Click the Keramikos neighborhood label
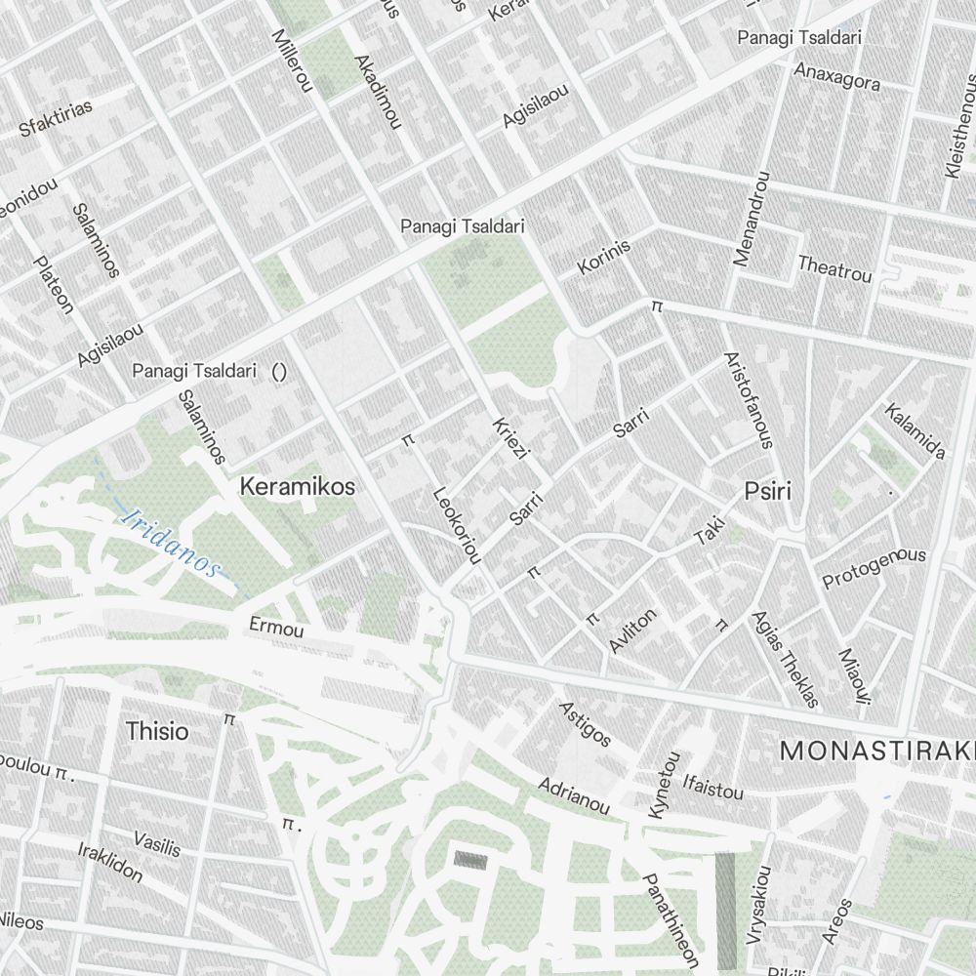point(298,486)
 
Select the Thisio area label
point(157,731)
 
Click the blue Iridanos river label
point(171,542)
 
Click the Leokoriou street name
point(457,525)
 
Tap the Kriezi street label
point(510,439)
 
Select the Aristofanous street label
point(749,400)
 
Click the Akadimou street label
point(378,92)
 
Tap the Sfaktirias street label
point(56,117)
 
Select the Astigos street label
point(585,723)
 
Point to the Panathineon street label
point(671,920)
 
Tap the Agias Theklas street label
point(784,659)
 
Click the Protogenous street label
point(874,568)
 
